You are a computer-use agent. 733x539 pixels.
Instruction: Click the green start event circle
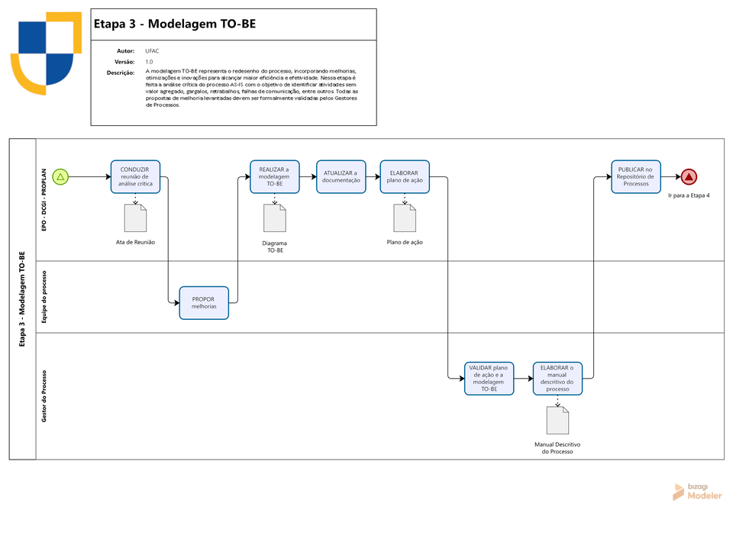click(x=60, y=176)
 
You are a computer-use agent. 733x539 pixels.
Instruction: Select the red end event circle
click(x=689, y=176)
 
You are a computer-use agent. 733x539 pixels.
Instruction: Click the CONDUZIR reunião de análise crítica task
click(x=136, y=176)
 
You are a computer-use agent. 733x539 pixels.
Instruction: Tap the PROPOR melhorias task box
click(x=204, y=303)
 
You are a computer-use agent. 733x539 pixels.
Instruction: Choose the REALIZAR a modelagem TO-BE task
click(x=274, y=176)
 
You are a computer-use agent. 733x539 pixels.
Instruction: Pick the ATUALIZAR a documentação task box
click(x=341, y=176)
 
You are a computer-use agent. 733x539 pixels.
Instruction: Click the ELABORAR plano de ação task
click(x=405, y=176)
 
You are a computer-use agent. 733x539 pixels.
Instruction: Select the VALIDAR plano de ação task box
click(x=489, y=378)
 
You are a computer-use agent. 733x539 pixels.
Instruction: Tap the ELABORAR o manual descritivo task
click(x=557, y=378)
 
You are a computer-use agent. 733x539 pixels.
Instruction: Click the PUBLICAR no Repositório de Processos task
click(x=636, y=176)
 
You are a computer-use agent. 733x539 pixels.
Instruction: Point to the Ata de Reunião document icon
click(x=136, y=218)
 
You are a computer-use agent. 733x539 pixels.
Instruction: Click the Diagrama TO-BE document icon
click(x=275, y=218)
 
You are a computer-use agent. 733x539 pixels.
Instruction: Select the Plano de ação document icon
click(x=405, y=218)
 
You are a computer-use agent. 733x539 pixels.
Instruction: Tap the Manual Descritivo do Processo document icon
click(x=557, y=420)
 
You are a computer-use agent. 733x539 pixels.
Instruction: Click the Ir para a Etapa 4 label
click(x=689, y=195)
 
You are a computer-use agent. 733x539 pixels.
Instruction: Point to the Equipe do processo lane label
click(x=44, y=297)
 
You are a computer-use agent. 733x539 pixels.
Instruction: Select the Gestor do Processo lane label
click(x=44, y=396)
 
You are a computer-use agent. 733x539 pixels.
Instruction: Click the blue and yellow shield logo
click(x=47, y=53)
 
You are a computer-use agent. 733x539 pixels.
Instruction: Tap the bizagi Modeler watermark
click(x=697, y=492)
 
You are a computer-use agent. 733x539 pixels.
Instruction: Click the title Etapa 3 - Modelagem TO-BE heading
click(x=175, y=24)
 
